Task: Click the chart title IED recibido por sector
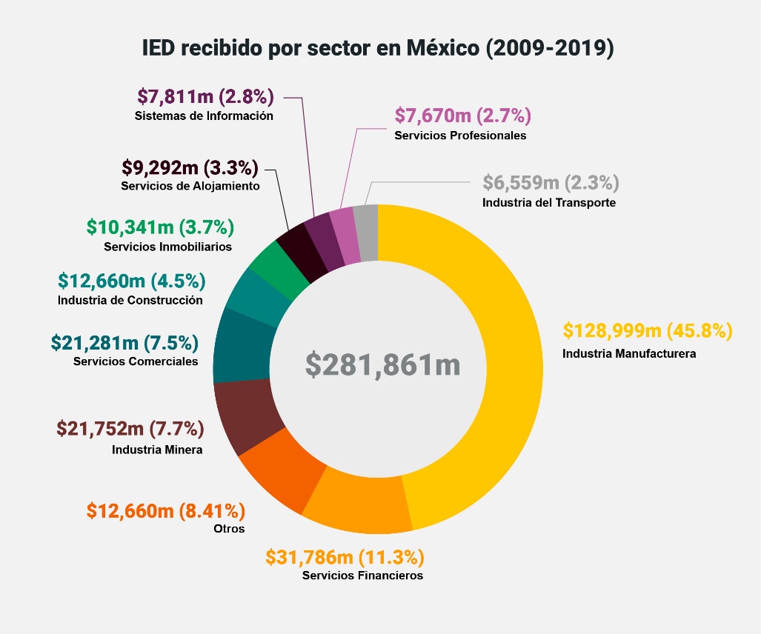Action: coord(379,49)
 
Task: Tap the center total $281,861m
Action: coord(382,364)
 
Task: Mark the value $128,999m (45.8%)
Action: coord(648,330)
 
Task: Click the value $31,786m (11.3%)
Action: coord(345,557)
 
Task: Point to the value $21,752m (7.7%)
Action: coord(130,428)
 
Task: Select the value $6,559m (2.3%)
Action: coord(551,182)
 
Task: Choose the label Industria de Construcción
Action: coord(130,301)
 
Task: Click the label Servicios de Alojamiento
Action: coord(190,187)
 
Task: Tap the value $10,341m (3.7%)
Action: coord(160,226)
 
